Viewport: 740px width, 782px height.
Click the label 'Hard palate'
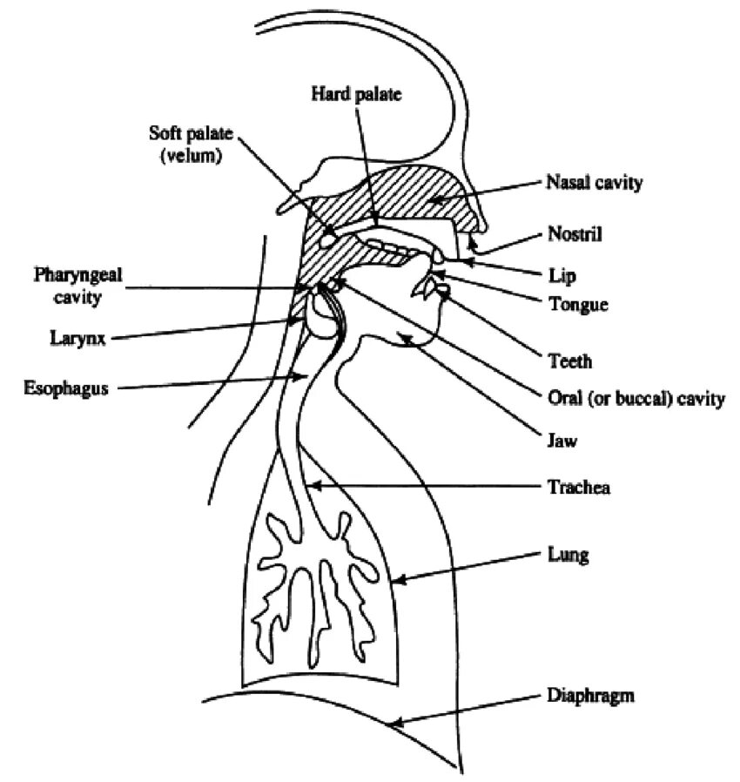[x=356, y=95]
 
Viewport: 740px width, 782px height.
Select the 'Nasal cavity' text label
[x=595, y=183]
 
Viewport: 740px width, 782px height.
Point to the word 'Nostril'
[x=575, y=233]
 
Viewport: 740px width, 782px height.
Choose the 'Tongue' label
[x=578, y=305]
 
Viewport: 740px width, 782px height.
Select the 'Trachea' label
[x=578, y=488]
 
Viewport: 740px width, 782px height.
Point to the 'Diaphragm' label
[x=591, y=696]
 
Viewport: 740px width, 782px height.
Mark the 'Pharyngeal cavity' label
[x=78, y=286]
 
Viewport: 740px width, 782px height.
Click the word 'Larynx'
[x=77, y=338]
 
